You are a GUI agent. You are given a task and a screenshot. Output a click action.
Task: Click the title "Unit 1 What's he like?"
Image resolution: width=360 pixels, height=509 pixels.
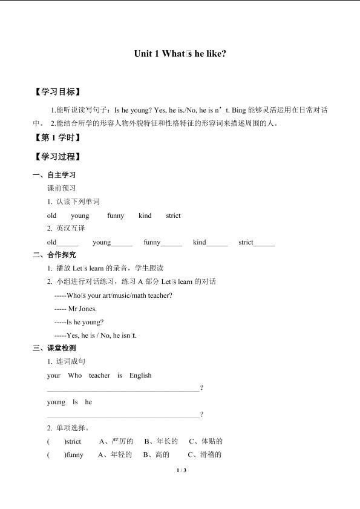click(180, 54)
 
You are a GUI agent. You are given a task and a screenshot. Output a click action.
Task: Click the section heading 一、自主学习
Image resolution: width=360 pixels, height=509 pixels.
click(54, 176)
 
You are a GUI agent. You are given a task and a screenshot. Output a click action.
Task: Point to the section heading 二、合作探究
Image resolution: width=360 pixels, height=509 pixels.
click(54, 255)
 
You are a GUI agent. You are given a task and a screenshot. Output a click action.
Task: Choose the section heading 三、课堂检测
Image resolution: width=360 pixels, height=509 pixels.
click(54, 348)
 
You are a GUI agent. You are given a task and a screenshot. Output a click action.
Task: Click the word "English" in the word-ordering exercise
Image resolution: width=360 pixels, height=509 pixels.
click(140, 375)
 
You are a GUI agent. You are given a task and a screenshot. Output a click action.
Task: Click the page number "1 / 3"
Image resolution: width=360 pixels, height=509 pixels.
click(180, 471)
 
